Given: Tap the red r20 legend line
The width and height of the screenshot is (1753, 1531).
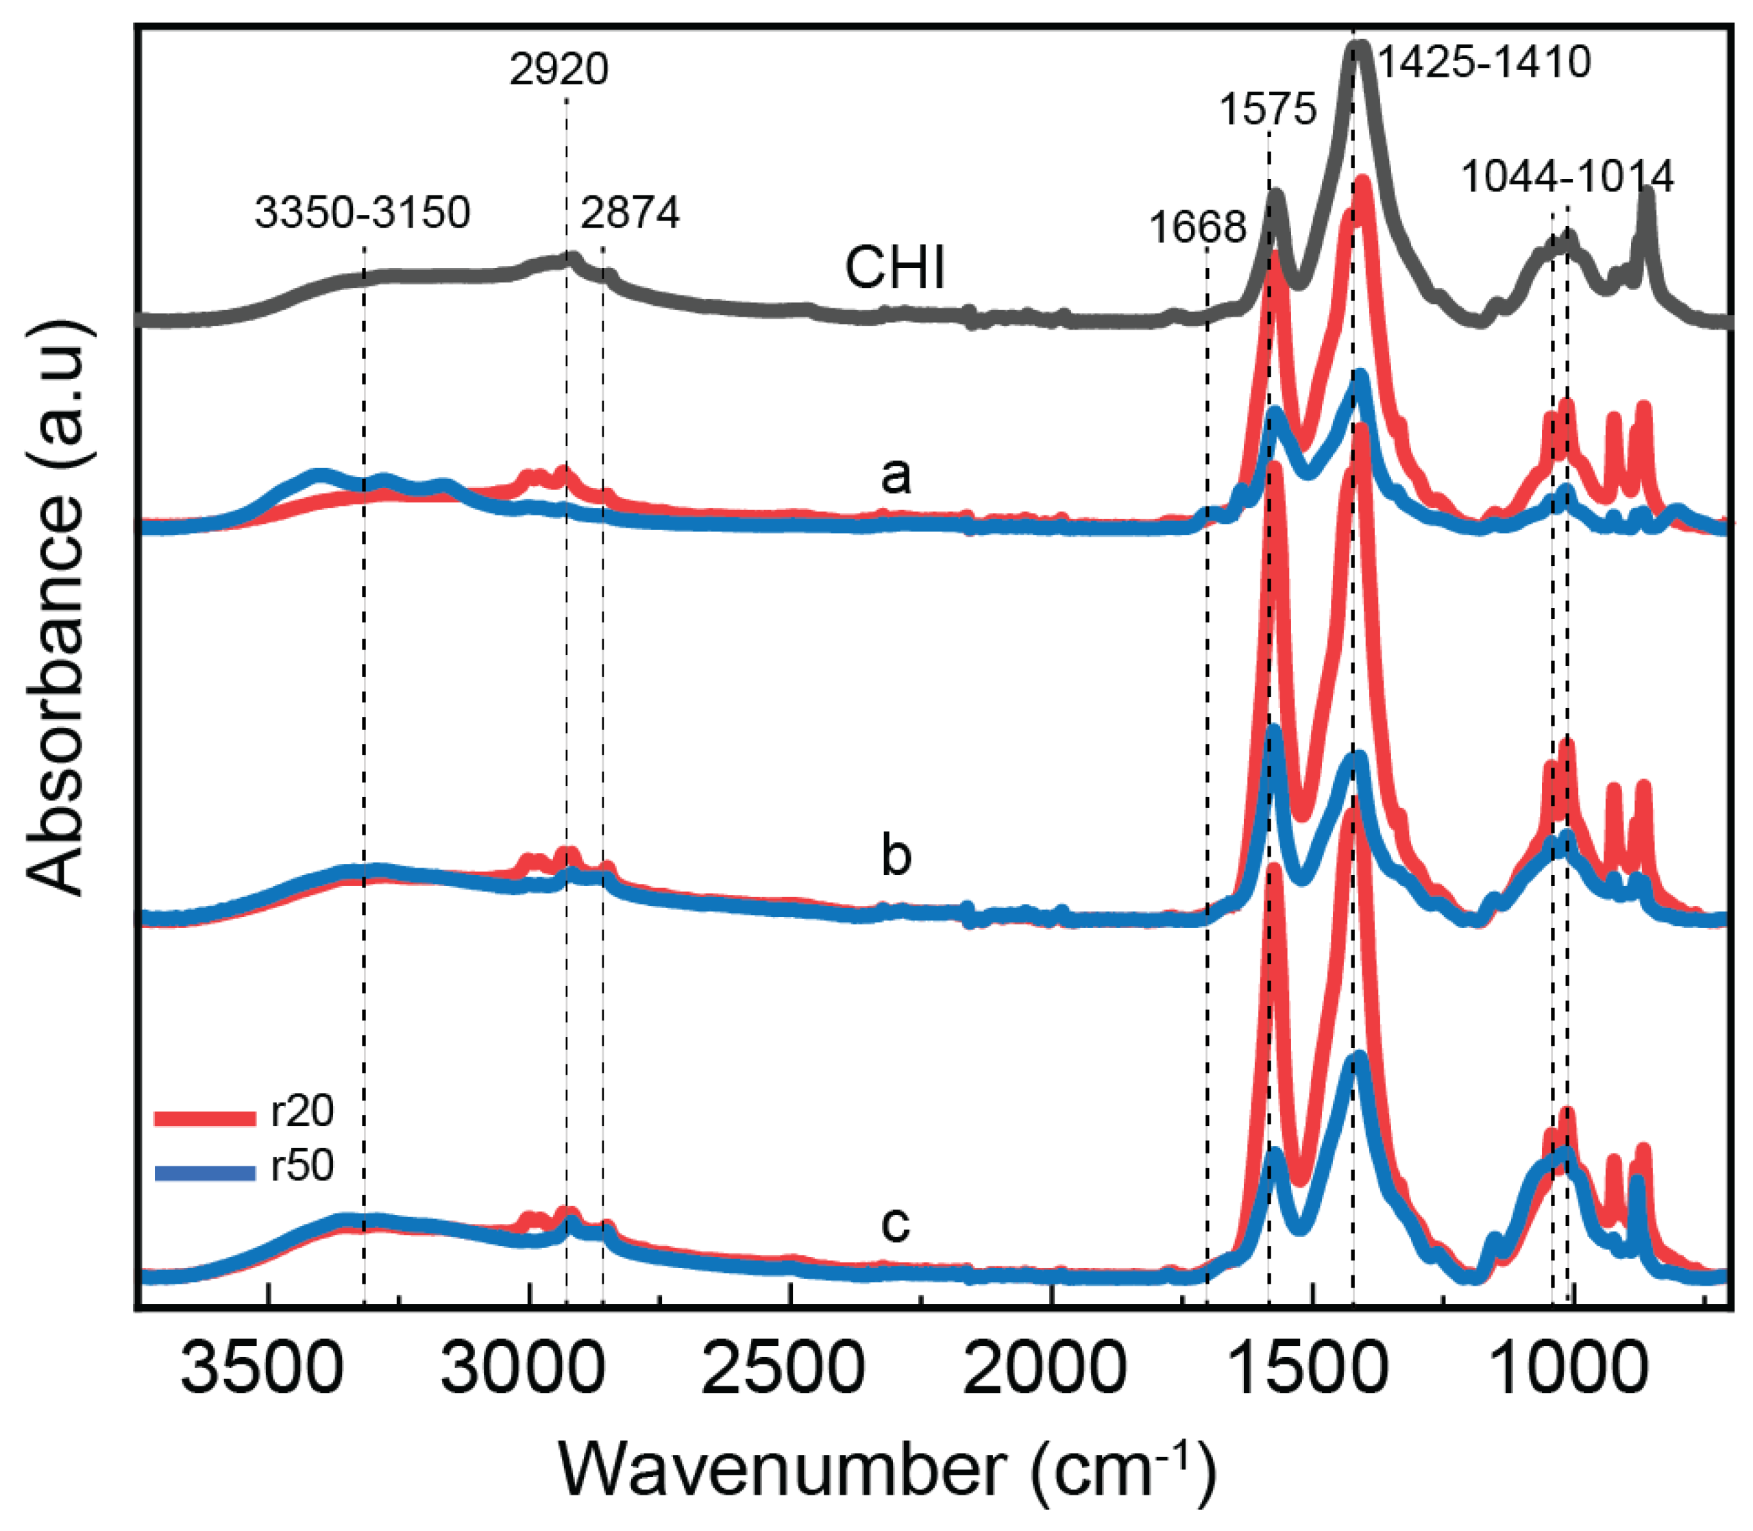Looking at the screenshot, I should [x=205, y=1118].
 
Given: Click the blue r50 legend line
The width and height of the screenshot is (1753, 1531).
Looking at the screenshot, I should [x=205, y=1174].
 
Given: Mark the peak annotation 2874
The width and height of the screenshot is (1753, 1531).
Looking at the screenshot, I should [x=630, y=212].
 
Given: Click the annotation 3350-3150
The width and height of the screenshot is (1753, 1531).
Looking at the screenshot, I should [x=363, y=212].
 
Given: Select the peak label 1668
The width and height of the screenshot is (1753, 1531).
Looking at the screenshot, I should [x=1197, y=228].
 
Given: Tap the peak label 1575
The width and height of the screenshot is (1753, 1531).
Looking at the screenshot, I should [x=1268, y=110].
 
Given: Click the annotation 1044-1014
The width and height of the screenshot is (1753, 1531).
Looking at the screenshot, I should [x=1567, y=177].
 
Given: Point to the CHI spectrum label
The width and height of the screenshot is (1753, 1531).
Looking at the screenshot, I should [x=894, y=268].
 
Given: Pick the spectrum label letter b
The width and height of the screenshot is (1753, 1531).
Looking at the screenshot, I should [x=895, y=855].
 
